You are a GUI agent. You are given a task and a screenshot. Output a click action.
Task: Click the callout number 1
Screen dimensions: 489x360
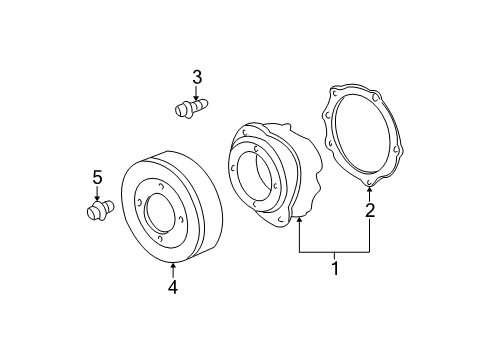coord(335,268)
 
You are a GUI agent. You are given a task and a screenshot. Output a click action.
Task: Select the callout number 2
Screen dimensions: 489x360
coord(370,210)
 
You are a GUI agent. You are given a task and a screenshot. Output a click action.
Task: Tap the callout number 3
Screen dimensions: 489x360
coord(197,77)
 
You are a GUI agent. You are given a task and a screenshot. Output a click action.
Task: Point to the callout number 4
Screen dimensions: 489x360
coord(173,287)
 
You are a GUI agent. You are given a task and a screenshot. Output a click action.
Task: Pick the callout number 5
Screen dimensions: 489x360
coord(97,177)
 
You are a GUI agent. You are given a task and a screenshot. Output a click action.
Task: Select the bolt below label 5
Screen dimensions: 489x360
coord(100,210)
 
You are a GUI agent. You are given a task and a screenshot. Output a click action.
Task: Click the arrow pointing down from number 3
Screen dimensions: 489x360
coord(196,92)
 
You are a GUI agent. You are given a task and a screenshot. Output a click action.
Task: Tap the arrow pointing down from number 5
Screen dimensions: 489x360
coord(97,193)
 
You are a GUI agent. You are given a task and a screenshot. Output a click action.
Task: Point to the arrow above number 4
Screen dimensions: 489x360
coord(173,270)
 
